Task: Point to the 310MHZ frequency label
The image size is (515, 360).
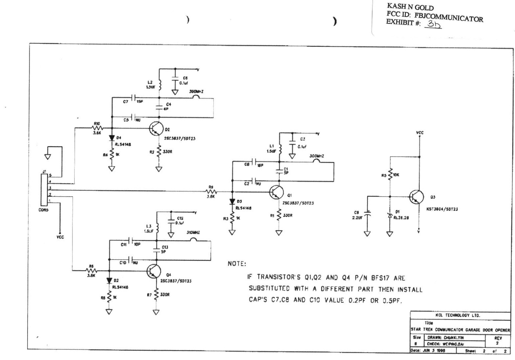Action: point(193,233)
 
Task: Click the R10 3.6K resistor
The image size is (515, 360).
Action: point(97,128)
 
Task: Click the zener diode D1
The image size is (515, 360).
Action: point(390,215)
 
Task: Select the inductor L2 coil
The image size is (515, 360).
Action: point(159,84)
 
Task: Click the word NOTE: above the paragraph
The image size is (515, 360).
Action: point(237,264)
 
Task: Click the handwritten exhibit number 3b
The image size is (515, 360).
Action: point(433,25)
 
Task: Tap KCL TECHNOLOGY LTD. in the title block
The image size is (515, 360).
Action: point(458,315)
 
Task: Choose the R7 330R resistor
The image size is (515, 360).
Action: point(156,295)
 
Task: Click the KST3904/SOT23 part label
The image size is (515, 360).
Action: point(442,209)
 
